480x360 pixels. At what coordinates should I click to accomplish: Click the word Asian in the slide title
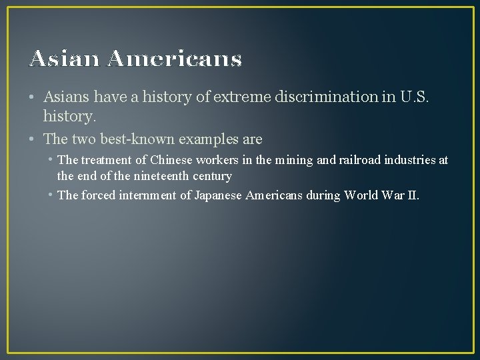tap(63, 59)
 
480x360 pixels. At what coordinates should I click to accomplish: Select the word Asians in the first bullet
tap(65, 97)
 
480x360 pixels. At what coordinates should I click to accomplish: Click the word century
tap(209, 177)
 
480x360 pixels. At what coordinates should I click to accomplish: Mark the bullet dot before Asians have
tap(33, 97)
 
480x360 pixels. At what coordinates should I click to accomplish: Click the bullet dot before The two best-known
tap(33, 140)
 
